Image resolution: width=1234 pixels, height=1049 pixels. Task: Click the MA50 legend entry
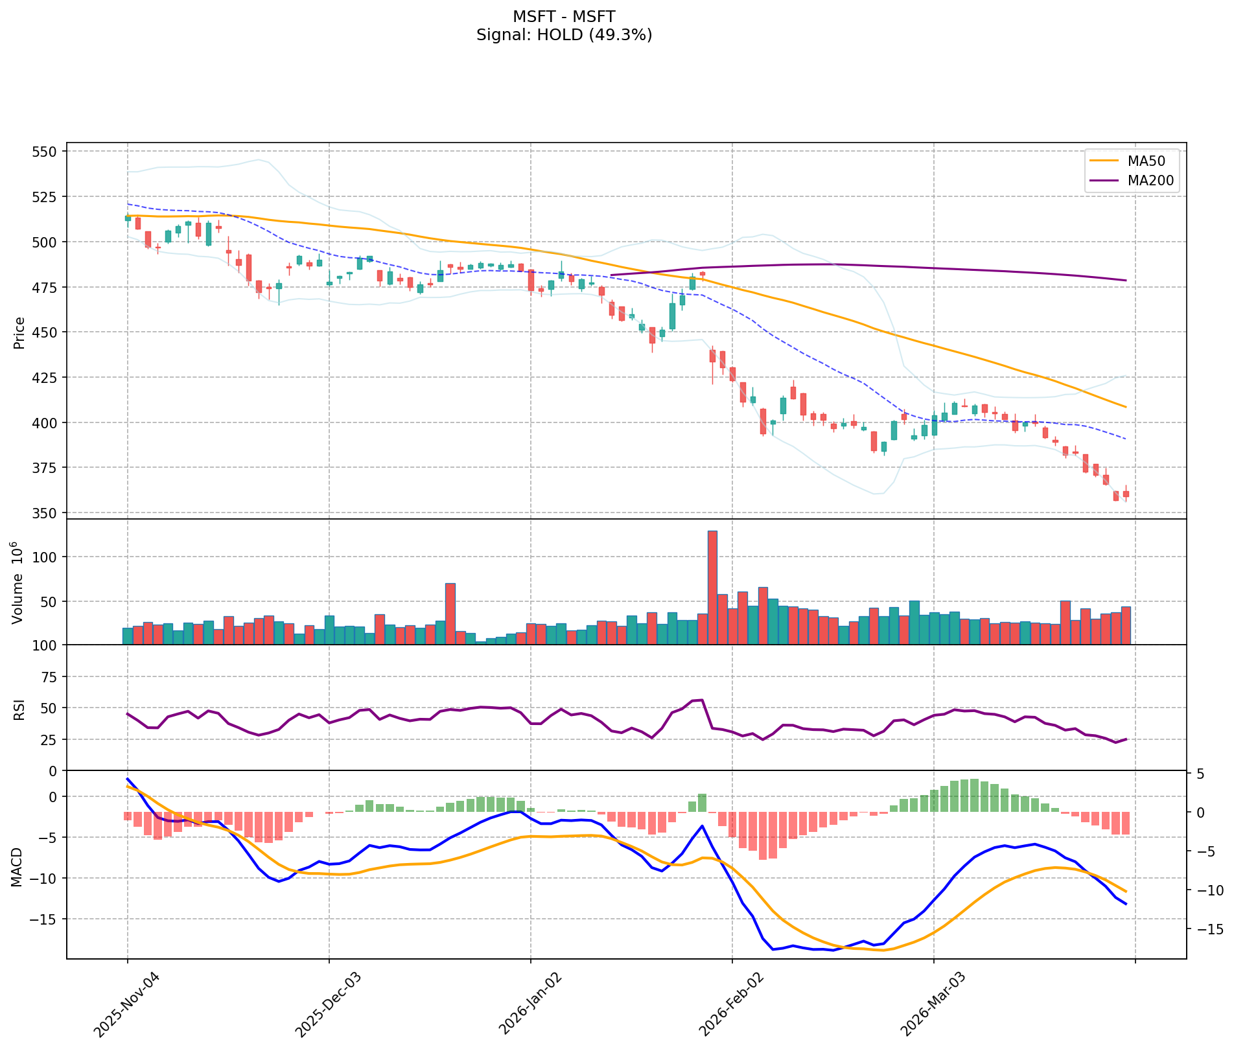(1131, 161)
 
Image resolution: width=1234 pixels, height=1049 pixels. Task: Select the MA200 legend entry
(1131, 181)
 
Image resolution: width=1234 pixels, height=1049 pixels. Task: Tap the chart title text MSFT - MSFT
(564, 16)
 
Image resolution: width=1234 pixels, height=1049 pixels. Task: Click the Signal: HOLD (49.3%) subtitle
(564, 35)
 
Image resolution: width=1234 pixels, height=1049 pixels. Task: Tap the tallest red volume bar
(712, 587)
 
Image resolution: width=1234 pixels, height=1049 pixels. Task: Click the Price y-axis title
(19, 332)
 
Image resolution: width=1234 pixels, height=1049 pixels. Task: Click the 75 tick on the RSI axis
(49, 677)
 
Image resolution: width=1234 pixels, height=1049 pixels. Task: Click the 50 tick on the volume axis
(49, 601)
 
